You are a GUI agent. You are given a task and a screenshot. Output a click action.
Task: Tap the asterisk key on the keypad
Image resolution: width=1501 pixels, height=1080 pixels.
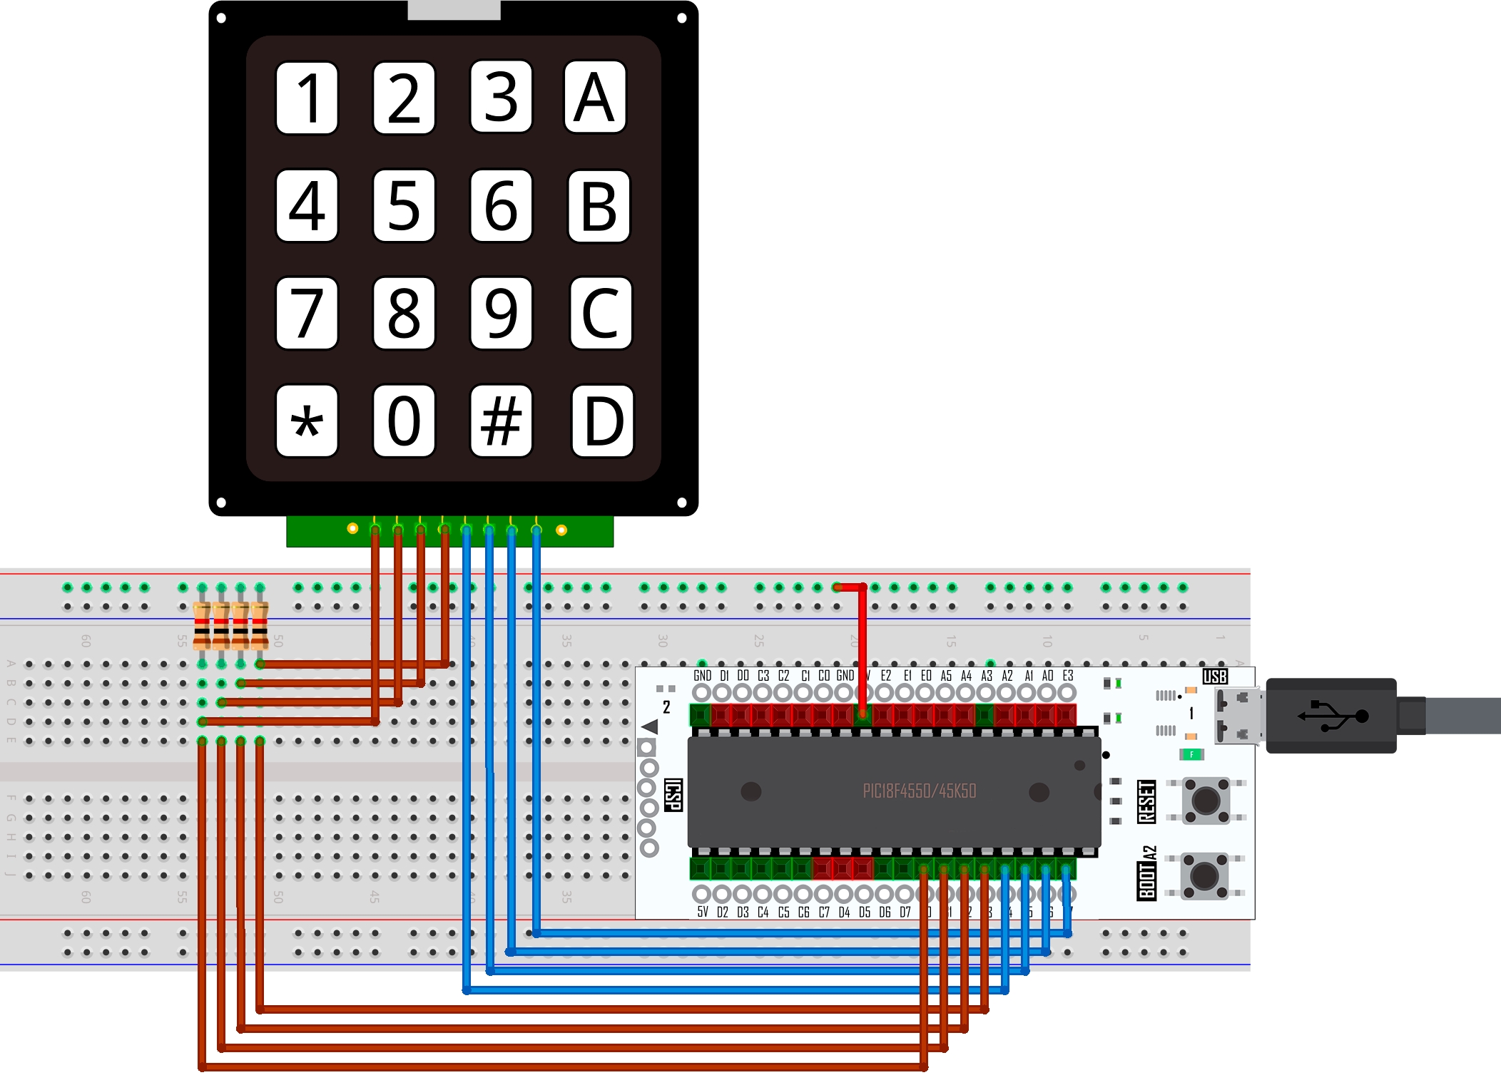pyautogui.click(x=307, y=421)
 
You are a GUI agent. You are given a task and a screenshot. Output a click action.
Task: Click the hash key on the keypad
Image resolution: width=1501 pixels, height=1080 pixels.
pyautogui.click(x=501, y=421)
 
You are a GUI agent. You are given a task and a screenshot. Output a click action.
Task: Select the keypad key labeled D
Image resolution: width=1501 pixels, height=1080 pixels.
pyautogui.click(x=602, y=421)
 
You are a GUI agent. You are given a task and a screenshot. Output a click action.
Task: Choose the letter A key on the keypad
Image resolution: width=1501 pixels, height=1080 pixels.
pyautogui.click(x=595, y=97)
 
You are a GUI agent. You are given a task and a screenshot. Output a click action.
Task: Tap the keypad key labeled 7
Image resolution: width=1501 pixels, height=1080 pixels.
pyautogui.click(x=307, y=313)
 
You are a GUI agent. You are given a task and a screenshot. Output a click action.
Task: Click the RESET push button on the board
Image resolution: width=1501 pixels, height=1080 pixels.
pyautogui.click(x=1206, y=801)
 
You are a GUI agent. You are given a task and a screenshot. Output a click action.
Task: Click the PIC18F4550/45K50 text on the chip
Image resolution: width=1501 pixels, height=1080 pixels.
pyautogui.click(x=919, y=791)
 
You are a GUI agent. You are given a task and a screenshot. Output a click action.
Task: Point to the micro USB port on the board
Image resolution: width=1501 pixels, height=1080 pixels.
pyautogui.click(x=1238, y=715)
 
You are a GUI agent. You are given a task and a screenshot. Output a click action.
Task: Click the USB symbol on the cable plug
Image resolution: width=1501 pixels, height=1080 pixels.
pyautogui.click(x=1332, y=715)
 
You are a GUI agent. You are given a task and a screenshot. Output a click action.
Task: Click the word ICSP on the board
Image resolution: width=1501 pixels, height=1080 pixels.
pyautogui.click(x=673, y=794)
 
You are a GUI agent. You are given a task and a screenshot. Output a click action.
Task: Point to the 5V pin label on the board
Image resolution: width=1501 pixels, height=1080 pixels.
pyautogui.click(x=703, y=912)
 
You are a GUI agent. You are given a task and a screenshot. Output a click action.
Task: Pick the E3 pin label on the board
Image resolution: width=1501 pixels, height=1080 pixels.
pyautogui.click(x=1068, y=676)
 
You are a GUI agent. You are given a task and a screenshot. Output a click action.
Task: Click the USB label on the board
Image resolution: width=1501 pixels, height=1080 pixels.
pyautogui.click(x=1215, y=677)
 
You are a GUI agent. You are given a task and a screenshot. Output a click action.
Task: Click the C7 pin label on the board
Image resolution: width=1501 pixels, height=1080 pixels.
pyautogui.click(x=824, y=912)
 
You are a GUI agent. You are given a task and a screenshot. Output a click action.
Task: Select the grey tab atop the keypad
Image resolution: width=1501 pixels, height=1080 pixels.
pyautogui.click(x=454, y=10)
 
